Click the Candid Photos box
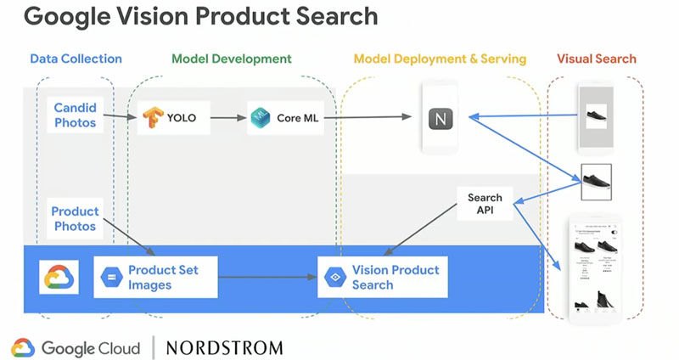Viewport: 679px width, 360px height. click(76, 116)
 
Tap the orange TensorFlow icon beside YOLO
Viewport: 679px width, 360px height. click(153, 118)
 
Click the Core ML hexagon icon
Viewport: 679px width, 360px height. click(260, 118)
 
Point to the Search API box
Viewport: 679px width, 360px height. click(485, 205)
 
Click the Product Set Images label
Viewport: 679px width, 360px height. click(163, 278)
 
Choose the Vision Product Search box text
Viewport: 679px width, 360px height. click(395, 278)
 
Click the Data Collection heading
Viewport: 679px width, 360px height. click(76, 59)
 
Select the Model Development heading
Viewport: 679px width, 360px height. click(232, 59)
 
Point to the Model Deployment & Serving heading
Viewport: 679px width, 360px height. click(440, 59)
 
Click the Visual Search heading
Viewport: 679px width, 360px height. click(596, 59)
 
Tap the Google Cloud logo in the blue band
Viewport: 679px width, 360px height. click(59, 278)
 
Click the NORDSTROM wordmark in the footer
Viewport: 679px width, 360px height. click(224, 346)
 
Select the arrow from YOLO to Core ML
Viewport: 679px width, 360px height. click(222, 118)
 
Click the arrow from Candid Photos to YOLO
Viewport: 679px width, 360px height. click(120, 118)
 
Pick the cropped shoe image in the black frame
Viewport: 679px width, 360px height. click(596, 180)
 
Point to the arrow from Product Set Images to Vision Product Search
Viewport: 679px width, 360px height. click(267, 278)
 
